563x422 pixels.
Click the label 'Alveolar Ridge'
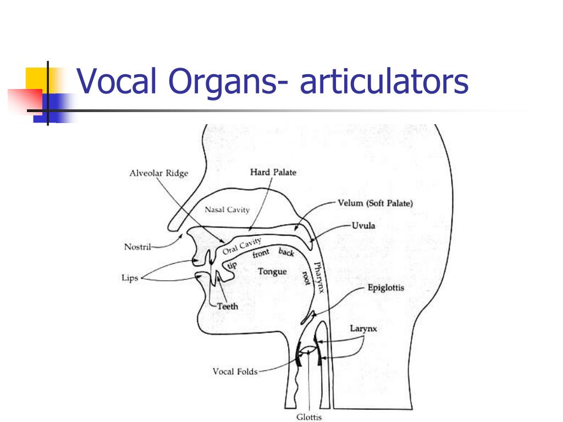(158, 173)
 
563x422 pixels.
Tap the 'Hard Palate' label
(273, 173)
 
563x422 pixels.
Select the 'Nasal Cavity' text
(227, 209)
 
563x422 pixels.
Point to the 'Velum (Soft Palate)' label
(375, 203)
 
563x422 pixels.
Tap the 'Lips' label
(130, 277)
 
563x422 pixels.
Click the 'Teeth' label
(228, 306)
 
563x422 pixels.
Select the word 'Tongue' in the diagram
(272, 271)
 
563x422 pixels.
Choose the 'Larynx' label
(363, 329)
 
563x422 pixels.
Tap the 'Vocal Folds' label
(235, 371)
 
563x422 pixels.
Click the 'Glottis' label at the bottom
(309, 417)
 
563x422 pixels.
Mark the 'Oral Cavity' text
(242, 245)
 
